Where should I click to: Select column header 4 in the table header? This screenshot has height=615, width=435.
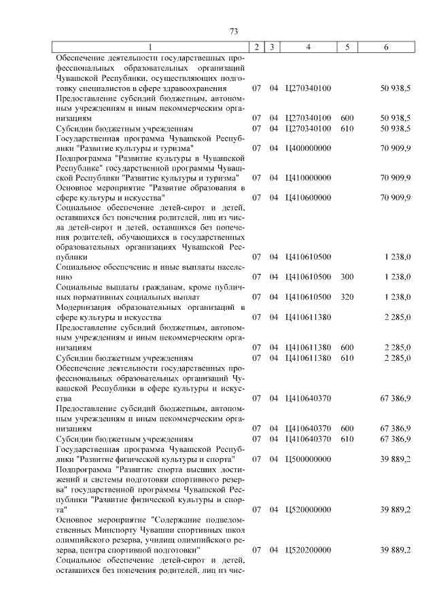(x=309, y=47)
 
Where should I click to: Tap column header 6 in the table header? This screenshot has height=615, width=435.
(x=386, y=47)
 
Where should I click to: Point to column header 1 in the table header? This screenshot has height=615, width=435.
(x=151, y=47)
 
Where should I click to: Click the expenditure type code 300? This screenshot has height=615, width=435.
(x=347, y=277)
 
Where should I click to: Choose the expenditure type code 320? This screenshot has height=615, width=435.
(x=347, y=297)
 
